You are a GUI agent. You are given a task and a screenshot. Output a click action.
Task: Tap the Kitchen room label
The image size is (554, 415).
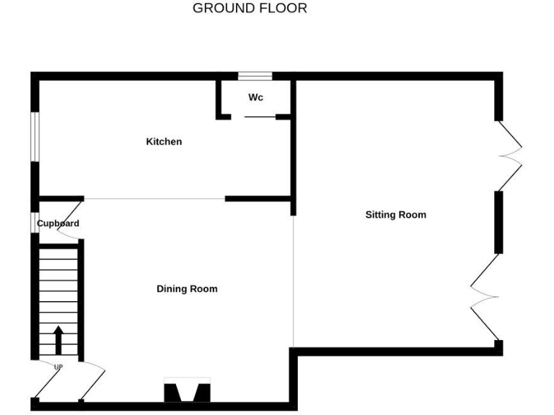(x=164, y=142)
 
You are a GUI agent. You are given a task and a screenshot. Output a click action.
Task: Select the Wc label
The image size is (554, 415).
(x=256, y=97)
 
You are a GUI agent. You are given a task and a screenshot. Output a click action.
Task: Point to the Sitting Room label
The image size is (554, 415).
(x=395, y=215)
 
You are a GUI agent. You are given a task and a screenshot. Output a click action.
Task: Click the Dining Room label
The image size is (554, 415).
(x=187, y=289)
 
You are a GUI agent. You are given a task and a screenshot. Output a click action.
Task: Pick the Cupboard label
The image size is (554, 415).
(x=58, y=223)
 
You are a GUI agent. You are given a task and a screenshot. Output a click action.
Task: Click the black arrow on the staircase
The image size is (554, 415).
(x=58, y=339)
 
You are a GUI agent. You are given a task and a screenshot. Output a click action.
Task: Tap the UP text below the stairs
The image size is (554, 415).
(x=58, y=367)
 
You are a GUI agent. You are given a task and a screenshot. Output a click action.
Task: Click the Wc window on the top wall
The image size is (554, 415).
(x=255, y=76)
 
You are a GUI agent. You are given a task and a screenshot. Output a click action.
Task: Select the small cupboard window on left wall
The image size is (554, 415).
(x=34, y=223)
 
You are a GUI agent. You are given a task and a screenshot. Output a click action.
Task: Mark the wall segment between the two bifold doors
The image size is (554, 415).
(x=498, y=222)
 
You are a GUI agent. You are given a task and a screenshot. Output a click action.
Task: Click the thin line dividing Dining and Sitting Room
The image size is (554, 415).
(x=294, y=281)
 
